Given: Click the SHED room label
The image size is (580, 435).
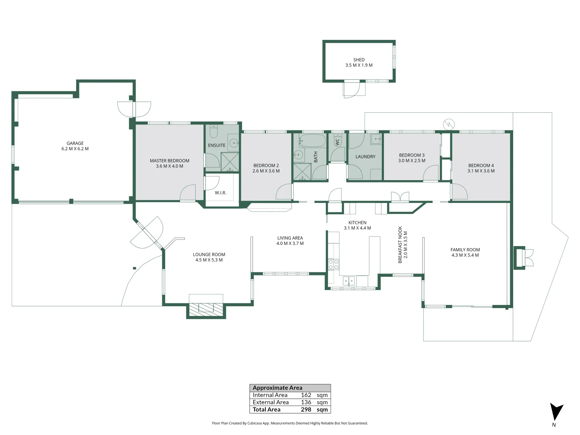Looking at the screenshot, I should (x=359, y=60).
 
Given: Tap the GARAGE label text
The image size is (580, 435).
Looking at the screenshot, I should (x=75, y=143).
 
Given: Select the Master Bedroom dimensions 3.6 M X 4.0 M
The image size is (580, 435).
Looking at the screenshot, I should (x=170, y=166).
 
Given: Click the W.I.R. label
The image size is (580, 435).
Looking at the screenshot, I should (x=220, y=193).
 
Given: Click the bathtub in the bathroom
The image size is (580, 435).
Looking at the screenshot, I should (x=313, y=141).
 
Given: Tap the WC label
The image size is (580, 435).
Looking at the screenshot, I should (x=338, y=141).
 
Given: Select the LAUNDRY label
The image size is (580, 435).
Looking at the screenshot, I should (x=365, y=157).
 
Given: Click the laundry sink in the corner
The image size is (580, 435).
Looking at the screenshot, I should (x=376, y=139).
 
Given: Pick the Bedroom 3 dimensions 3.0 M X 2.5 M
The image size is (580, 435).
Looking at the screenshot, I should (x=412, y=160).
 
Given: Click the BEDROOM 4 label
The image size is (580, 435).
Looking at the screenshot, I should (x=481, y=165).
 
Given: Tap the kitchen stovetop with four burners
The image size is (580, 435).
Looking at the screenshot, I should (x=333, y=264).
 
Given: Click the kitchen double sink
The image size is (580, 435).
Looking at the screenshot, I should (x=348, y=281).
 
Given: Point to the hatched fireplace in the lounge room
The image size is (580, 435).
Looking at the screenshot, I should (x=206, y=308).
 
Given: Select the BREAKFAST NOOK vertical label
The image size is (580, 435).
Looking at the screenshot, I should (x=400, y=244).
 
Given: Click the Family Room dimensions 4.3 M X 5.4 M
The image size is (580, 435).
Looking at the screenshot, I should (x=465, y=255).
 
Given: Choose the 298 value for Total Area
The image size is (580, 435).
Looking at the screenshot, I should (x=306, y=409).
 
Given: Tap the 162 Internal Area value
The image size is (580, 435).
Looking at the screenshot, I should (x=306, y=395).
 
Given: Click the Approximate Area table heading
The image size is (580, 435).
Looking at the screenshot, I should (x=278, y=388).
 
